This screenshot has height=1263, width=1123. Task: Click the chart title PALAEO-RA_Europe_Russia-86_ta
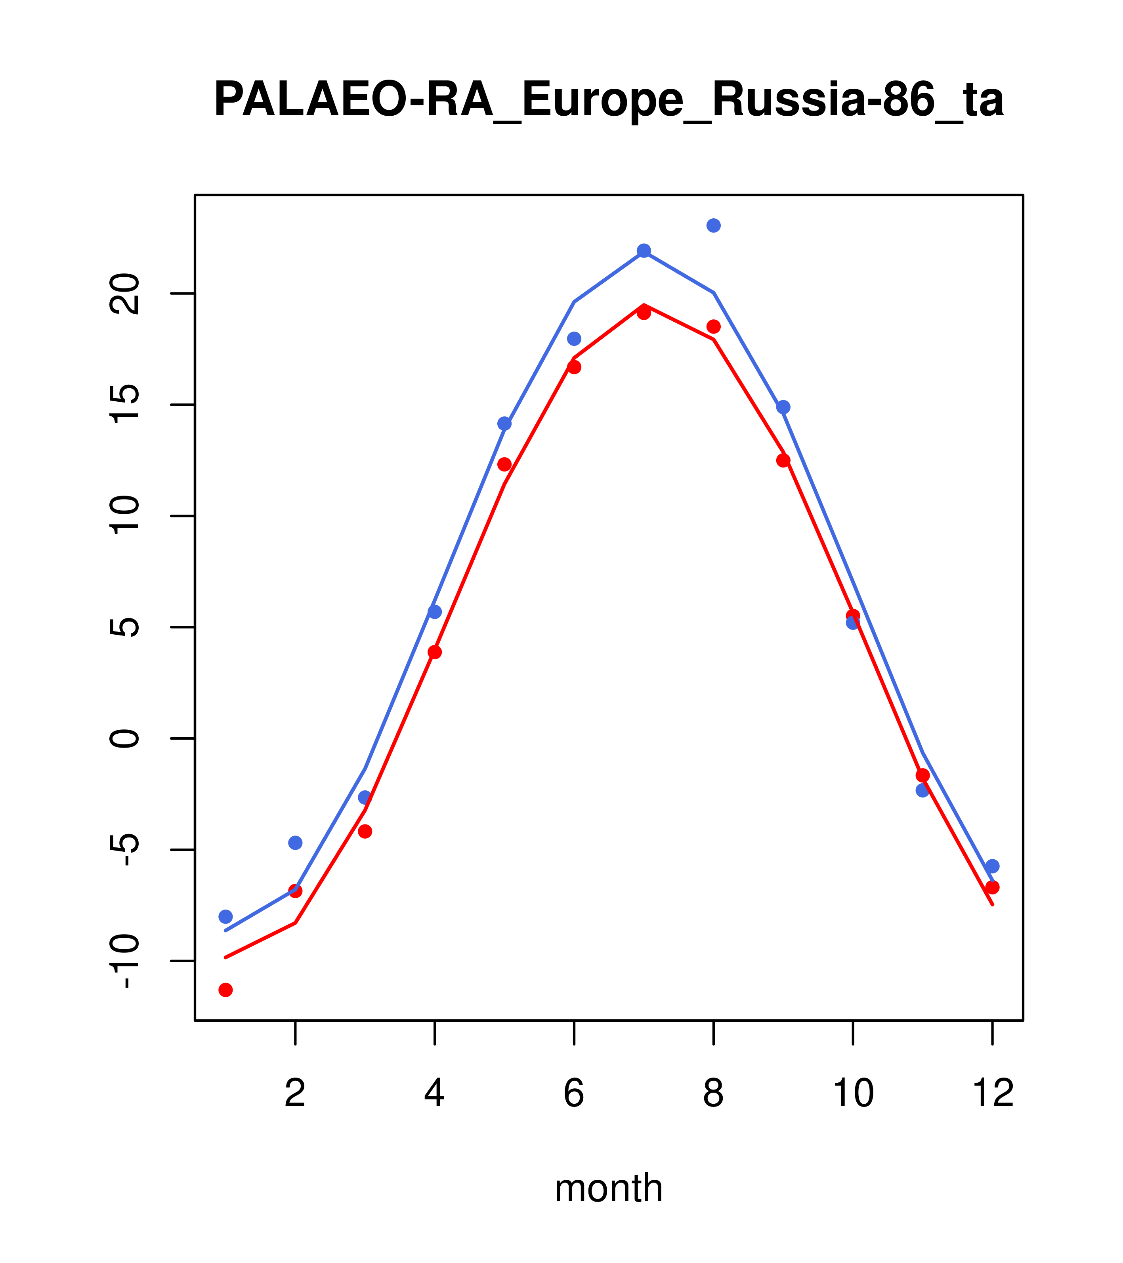pos(608,100)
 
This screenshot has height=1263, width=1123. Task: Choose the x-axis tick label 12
pos(993,1094)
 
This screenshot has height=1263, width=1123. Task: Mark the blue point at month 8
pos(713,225)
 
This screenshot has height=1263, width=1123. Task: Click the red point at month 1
pos(225,990)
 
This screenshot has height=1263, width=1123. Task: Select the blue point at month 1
pos(225,917)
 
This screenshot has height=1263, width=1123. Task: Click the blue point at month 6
pos(574,339)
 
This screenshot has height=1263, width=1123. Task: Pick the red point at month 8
pos(713,326)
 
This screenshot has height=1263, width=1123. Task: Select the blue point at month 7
pos(644,250)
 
